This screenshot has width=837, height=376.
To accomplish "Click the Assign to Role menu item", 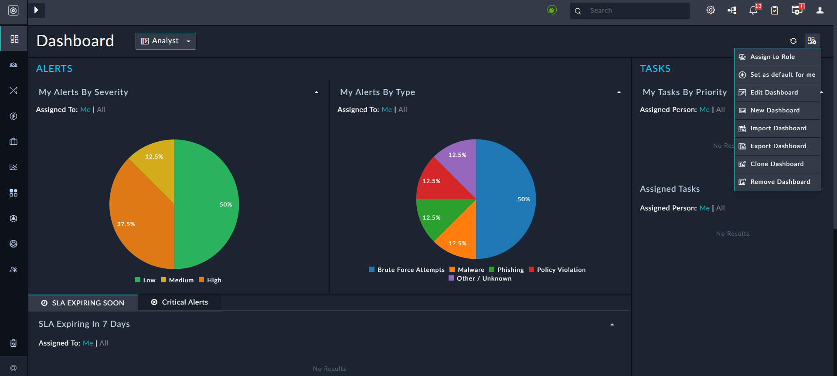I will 772,57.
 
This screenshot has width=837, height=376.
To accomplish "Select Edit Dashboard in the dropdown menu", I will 774,93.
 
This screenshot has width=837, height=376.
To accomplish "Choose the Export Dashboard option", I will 778,146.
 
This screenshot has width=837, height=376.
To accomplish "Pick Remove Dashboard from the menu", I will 780,182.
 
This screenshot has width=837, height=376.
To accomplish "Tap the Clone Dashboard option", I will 776,164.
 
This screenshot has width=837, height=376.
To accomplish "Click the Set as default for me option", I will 782,75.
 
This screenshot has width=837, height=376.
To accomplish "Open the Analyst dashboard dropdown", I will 166,41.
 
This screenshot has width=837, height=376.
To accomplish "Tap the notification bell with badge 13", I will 753,10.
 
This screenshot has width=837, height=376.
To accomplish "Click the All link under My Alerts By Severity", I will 101,110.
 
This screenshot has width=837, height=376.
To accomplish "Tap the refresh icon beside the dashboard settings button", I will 793,41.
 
